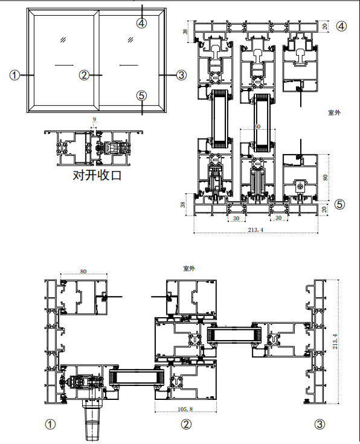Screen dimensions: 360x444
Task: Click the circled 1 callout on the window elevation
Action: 14,75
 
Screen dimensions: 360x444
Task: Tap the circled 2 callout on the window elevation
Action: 84,75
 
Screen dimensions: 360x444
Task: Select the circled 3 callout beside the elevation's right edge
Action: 182,75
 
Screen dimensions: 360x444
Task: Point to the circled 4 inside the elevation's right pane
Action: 141,23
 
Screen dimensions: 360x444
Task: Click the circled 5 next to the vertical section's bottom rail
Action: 340,204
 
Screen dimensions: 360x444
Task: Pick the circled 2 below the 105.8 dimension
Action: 186,424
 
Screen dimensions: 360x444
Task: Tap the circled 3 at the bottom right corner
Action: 320,424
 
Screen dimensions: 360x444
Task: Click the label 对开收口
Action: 97,175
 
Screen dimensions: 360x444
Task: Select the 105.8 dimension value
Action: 185,409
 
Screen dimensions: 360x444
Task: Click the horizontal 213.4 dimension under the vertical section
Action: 256,230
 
